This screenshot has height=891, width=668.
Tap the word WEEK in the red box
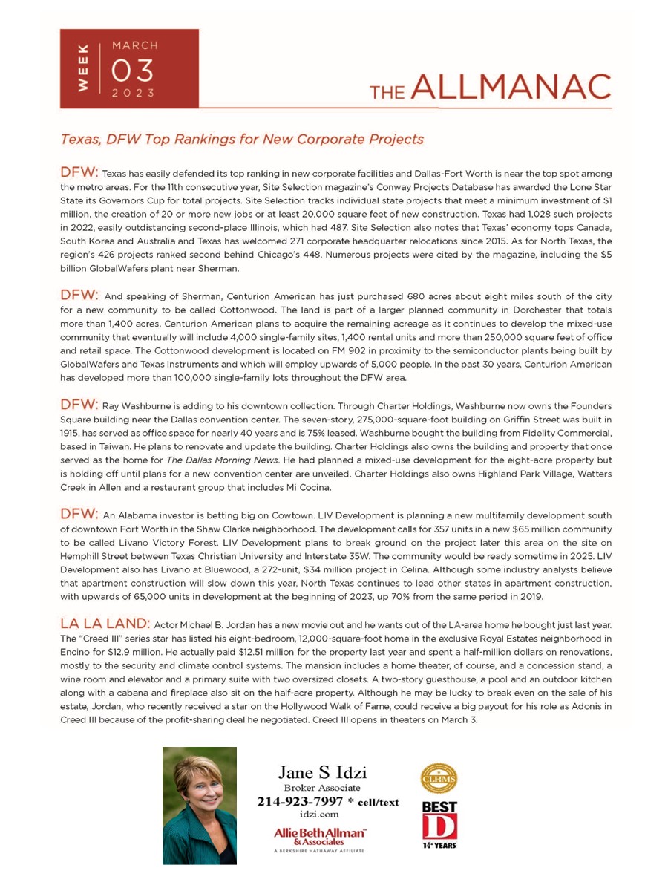coord(85,68)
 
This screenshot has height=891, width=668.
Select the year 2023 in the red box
coord(134,94)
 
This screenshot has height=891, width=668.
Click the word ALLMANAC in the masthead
coord(510,89)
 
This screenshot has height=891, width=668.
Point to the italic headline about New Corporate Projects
coord(242,139)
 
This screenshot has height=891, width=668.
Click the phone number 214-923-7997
coord(300,802)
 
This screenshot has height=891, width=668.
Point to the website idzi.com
coord(319,815)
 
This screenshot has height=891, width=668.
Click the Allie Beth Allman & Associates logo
coord(320,836)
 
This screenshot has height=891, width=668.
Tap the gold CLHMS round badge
coord(439,779)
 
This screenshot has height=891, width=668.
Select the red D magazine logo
coord(439,826)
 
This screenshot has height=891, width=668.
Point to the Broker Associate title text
coord(322,788)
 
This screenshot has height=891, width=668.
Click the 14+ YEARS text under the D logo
coord(439,846)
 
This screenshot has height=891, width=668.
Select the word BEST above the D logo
coord(439,807)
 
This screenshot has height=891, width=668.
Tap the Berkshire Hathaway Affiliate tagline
coord(319,851)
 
